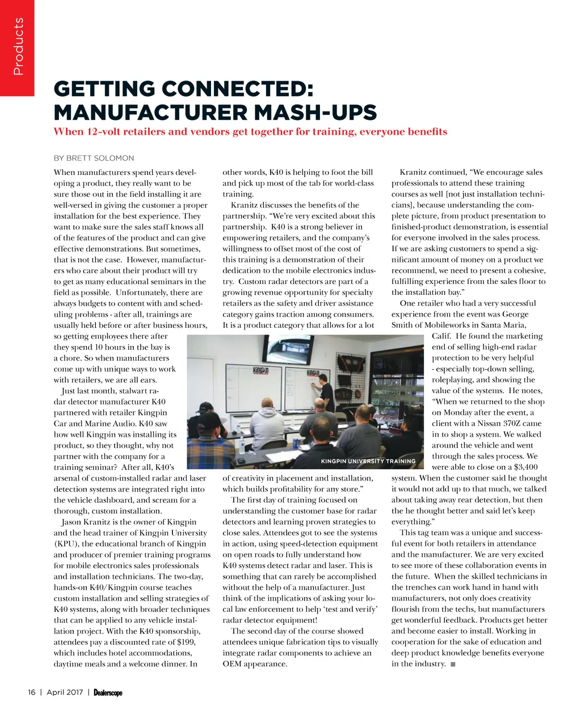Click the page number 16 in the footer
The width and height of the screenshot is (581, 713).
coord(32,692)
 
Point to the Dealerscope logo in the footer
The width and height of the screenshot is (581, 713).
coord(108,693)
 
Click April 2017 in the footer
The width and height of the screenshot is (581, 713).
coord(65,692)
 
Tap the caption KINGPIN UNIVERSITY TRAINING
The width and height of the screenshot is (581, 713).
coord(368,461)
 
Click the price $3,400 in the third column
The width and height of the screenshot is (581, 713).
coord(524,467)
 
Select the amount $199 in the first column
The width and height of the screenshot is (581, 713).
coord(187,642)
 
